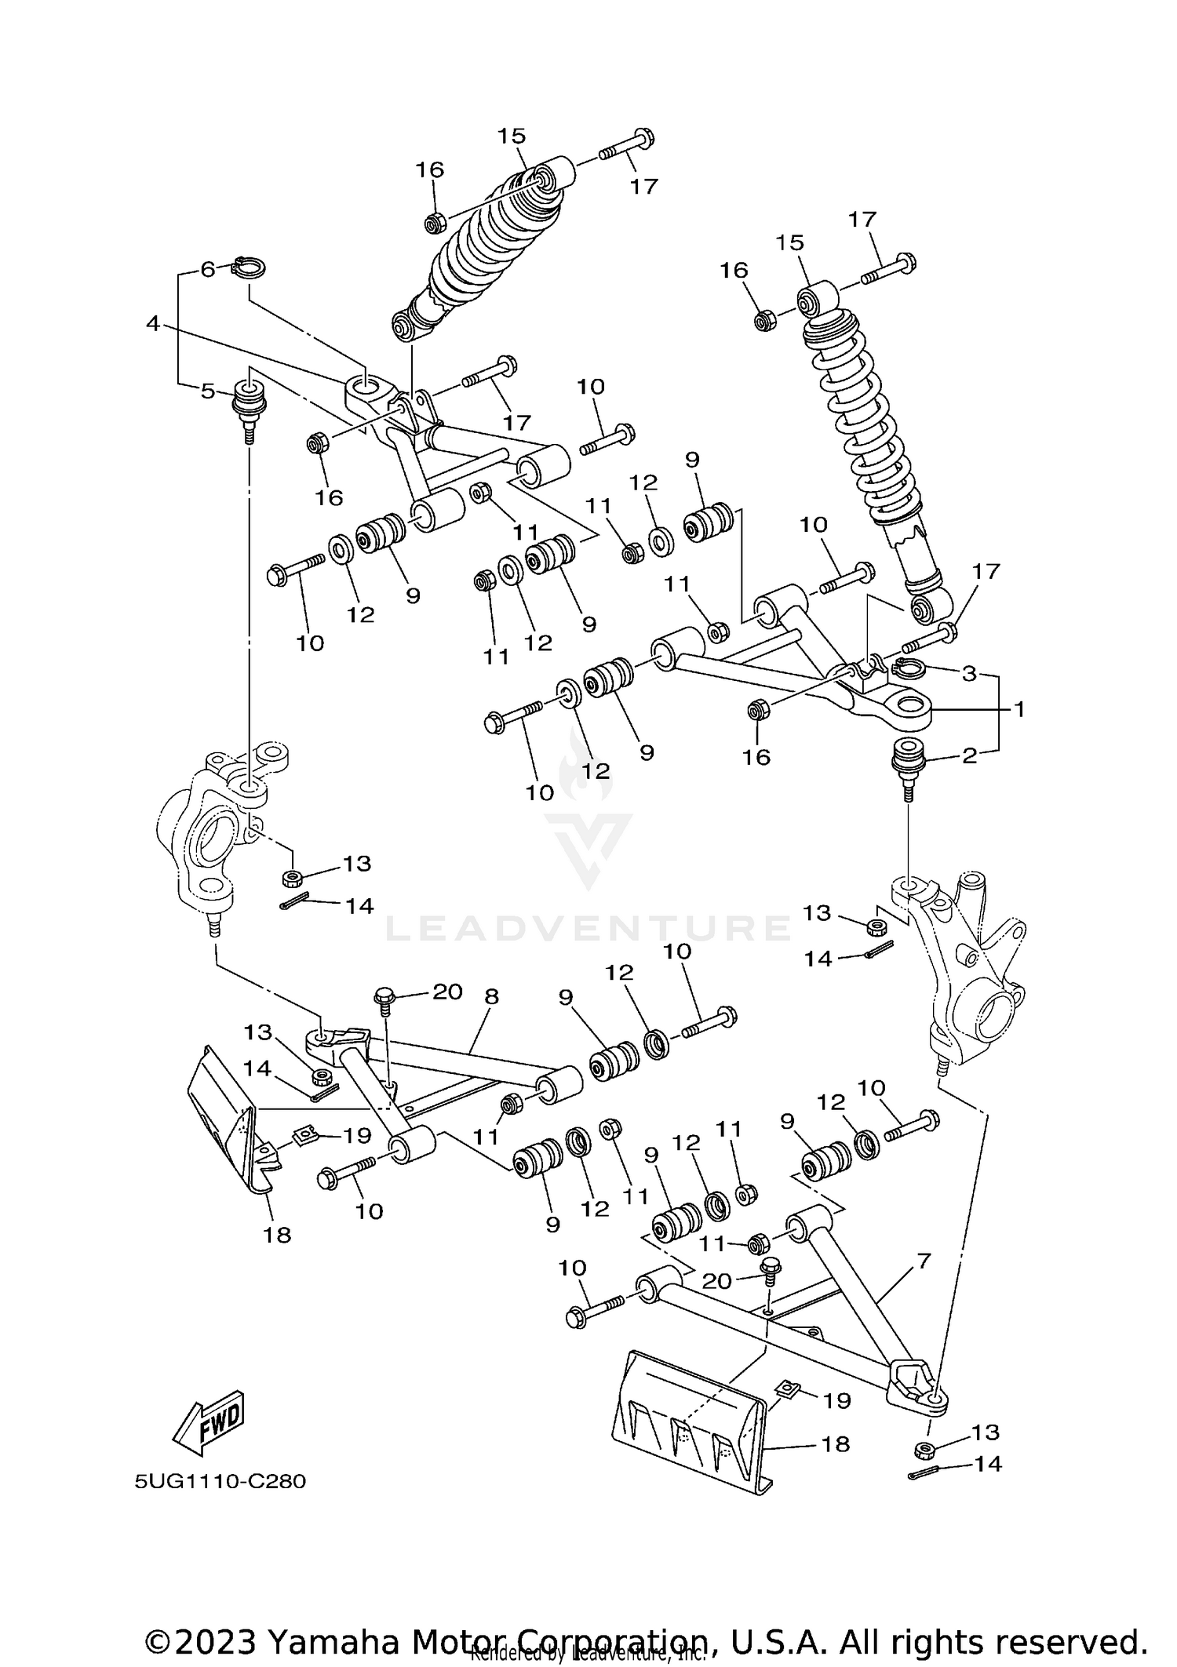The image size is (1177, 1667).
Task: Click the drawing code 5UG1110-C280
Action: pos(220,1482)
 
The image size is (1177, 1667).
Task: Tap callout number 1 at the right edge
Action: pos(1018,709)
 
